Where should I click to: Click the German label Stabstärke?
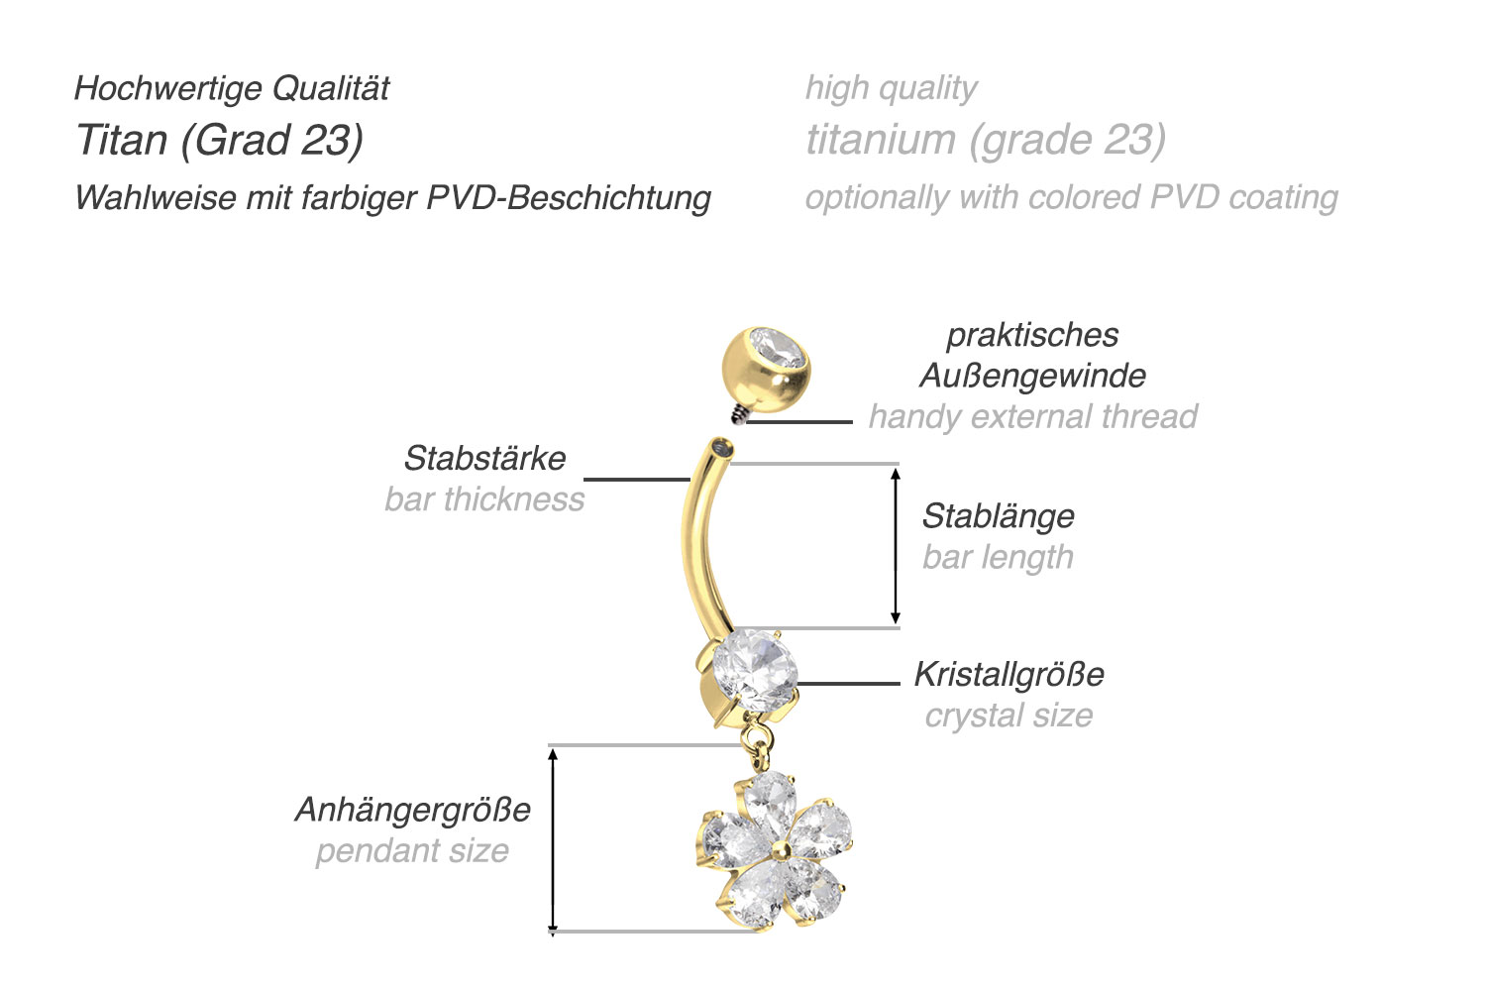coord(484,458)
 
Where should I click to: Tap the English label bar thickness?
coord(484,499)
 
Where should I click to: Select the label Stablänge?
coord(998,516)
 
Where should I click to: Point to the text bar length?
coord(998,557)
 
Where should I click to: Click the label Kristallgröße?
coord(1008,675)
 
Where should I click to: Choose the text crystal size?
coord(1008,716)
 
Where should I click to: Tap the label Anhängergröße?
coord(413,810)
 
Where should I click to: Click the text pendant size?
coord(412,851)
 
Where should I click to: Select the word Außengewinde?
coord(1032,376)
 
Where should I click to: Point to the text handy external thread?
coord(1032,417)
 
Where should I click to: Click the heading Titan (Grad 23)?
coord(220,140)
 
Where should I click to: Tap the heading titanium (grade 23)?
coord(986,140)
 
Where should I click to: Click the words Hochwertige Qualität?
coord(232,88)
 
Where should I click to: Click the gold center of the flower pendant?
coord(782,848)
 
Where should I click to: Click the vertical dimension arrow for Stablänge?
coord(896,545)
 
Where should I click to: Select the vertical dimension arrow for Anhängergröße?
coord(554,839)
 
